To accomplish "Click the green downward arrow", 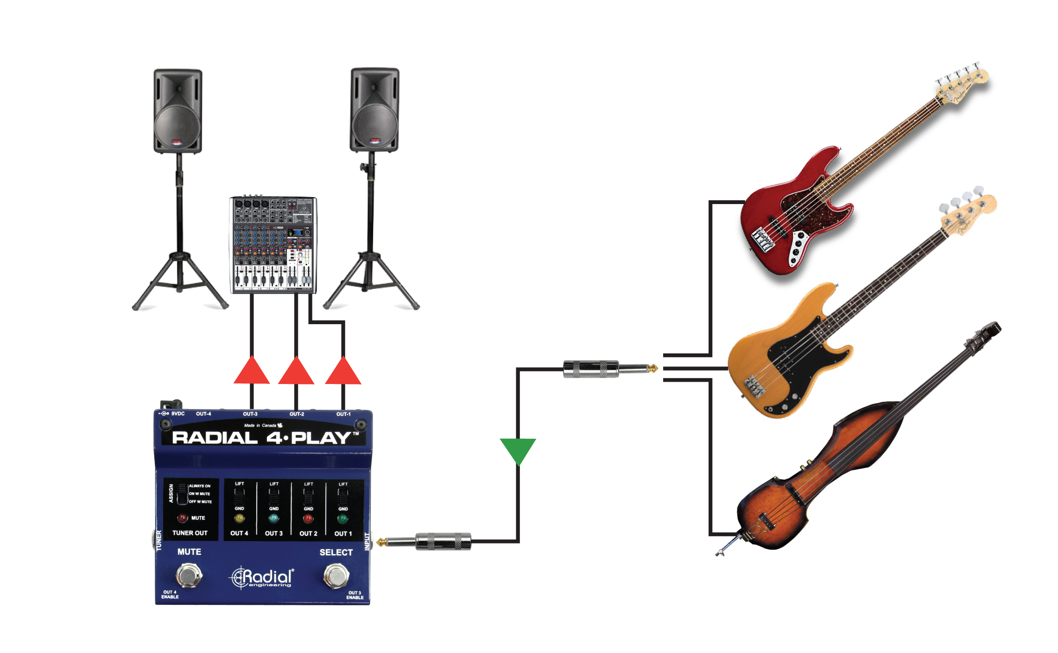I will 518,449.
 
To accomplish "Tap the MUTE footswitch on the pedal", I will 189,576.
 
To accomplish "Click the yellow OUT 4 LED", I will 239,519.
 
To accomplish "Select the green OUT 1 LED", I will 343,519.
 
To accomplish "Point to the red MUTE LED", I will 183,518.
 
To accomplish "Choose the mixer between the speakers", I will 273,245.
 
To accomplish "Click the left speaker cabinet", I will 178,111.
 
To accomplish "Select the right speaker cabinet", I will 374,110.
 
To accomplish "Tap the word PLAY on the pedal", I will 321,438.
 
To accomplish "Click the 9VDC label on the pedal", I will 177,414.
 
